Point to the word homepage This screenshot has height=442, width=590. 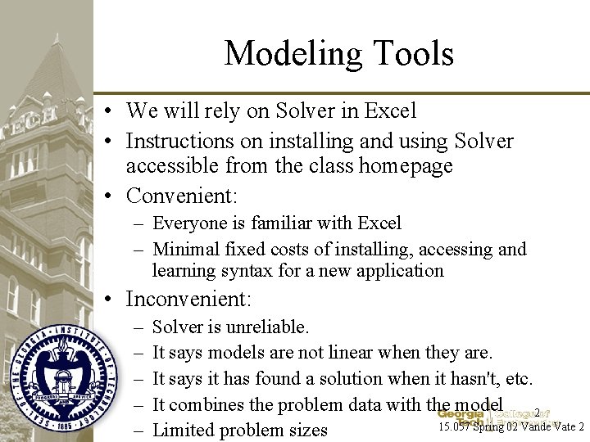402,166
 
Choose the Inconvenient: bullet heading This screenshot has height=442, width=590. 188,300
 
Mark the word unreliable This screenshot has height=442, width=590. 267,327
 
